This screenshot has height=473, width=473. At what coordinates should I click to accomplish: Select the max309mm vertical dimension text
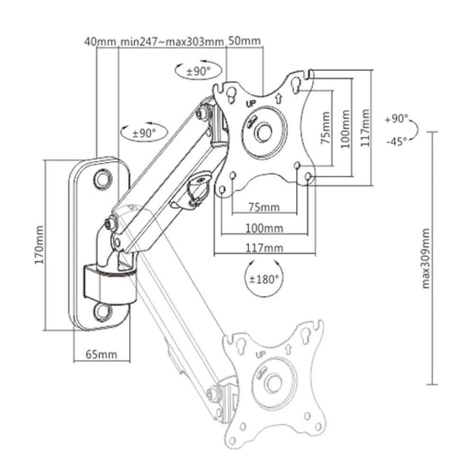pos(426,258)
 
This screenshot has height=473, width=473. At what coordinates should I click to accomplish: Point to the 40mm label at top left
pos(100,41)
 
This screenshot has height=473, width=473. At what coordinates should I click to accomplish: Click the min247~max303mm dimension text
pos(172,41)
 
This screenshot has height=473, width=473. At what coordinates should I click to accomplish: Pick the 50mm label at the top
pos(245,41)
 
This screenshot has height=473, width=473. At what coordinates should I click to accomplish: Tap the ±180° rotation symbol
pos(262,279)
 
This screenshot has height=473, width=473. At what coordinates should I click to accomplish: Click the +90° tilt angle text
pos(396,119)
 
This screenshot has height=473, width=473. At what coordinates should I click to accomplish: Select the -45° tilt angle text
pos(396,141)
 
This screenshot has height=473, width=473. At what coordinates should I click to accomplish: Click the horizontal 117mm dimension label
pos(264,248)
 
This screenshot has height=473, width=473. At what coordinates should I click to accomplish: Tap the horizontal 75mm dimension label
pos(264,207)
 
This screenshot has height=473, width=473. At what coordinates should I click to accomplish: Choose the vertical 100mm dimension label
pos(345,128)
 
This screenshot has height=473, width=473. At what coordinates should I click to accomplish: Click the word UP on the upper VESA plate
pos(251,103)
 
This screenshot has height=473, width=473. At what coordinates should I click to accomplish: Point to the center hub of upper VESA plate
pos(263,131)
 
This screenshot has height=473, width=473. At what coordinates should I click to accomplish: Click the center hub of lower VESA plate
pos(273,382)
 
